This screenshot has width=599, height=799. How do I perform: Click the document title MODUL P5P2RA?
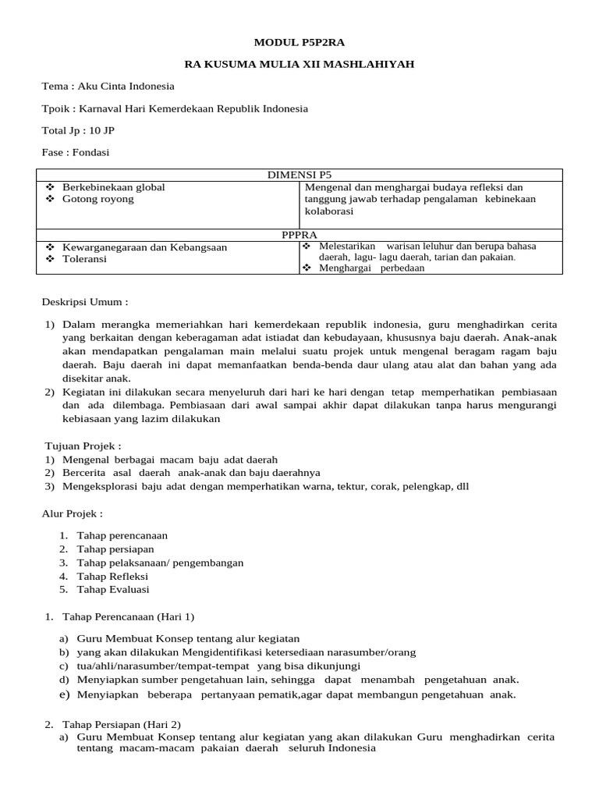(299, 42)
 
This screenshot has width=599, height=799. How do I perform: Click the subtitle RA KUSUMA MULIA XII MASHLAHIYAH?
(299, 64)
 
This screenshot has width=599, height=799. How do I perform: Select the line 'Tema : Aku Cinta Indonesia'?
(108, 87)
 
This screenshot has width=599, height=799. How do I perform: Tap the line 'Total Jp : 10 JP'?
(78, 130)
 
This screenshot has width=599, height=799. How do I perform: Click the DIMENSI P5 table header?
(299, 175)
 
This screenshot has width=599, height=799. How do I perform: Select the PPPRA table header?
(299, 233)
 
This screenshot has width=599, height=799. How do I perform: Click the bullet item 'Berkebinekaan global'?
(113, 187)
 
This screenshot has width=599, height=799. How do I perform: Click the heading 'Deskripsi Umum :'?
(84, 302)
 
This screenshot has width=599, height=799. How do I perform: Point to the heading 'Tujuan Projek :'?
(83, 446)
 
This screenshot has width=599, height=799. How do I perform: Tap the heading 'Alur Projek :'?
(72, 513)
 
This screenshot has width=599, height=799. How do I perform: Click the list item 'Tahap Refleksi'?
(112, 576)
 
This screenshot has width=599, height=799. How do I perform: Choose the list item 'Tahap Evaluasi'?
(113, 589)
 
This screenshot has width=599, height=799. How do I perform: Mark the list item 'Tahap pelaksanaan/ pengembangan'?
(160, 563)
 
